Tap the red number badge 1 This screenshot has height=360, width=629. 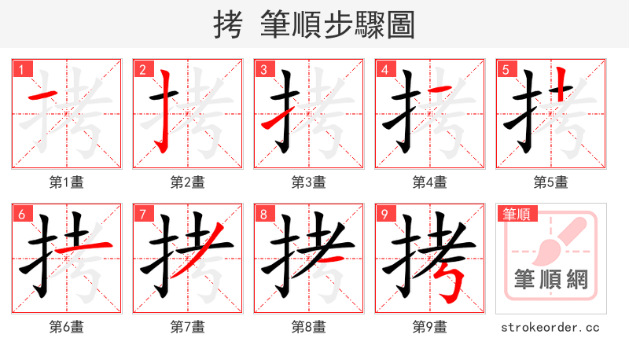click(21, 70)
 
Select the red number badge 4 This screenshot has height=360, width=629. click(384, 70)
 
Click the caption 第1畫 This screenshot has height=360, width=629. click(67, 182)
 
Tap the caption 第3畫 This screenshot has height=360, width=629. click(309, 182)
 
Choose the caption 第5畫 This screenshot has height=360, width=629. click(551, 182)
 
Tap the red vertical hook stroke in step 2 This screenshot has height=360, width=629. click(164, 110)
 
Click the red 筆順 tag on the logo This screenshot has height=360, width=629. click(516, 213)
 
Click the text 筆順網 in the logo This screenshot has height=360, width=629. click(551, 279)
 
